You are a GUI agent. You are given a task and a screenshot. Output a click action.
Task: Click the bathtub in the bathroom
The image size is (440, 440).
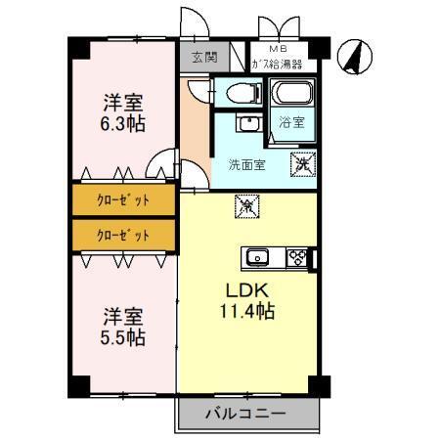[x=290, y=96]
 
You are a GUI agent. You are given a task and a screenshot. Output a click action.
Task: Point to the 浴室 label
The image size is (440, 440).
[x=291, y=123]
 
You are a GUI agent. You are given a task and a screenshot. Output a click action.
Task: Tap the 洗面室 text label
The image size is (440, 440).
[x=246, y=164]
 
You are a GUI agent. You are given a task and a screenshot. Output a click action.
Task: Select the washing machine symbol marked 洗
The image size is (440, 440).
[x=302, y=163]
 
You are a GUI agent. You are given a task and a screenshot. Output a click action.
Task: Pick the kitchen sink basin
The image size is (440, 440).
[x=258, y=258]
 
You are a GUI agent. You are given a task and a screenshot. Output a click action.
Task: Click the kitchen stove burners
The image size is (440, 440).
[x=300, y=258]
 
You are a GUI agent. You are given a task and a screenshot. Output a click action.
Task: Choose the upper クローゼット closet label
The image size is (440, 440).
[x=123, y=199]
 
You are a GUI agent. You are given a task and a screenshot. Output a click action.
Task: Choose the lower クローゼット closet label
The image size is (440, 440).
[x=123, y=235]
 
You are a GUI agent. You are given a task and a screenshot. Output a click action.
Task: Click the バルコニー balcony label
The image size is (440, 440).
[x=245, y=414]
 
